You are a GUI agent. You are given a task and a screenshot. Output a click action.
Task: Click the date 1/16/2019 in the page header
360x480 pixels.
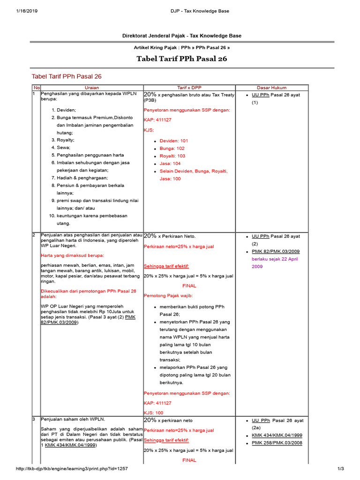[27, 11]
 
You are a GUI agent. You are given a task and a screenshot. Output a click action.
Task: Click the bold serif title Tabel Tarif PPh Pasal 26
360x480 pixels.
[182, 59]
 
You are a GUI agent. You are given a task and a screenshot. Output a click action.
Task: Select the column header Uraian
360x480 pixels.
[91, 88]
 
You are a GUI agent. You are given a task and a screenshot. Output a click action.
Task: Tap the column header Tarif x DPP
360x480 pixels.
[188, 88]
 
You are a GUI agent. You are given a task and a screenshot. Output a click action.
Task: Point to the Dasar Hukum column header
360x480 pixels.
[271, 88]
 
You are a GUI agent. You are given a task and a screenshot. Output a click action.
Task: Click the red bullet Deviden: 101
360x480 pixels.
[173, 141]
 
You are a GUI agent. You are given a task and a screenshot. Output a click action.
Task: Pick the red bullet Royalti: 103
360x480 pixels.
[172, 156]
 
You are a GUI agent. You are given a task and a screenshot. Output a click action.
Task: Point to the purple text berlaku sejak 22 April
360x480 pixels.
[275, 259]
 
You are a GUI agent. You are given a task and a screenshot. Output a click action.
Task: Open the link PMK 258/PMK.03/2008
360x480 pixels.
[277, 443]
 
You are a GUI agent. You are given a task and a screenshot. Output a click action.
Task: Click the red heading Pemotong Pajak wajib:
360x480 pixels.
[168, 296]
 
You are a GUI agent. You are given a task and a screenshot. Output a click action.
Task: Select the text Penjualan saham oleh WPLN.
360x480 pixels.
[73, 419]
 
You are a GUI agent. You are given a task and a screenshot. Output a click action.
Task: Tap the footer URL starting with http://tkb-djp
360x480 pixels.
[72, 469]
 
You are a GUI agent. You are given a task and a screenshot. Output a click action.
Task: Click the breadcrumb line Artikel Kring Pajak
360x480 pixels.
[182, 48]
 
